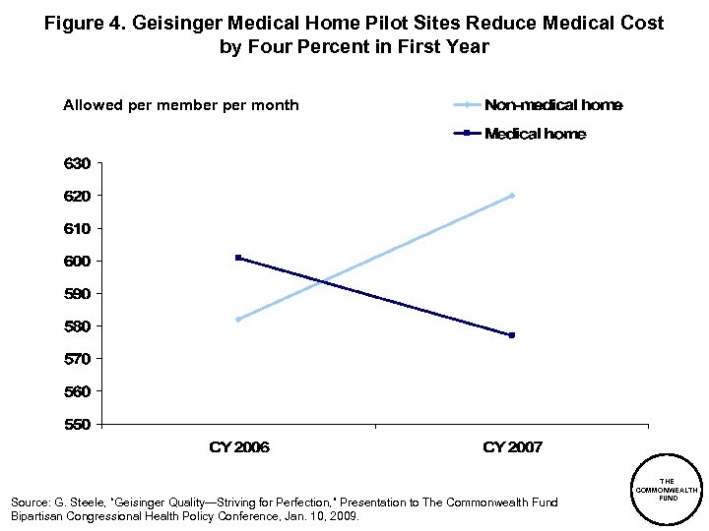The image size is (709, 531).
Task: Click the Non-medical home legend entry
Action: click(552, 105)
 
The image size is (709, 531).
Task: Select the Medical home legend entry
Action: click(535, 134)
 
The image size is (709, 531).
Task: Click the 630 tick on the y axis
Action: click(78, 163)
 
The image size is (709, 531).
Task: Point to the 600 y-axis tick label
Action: click(78, 262)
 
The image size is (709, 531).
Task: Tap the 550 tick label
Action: click(78, 425)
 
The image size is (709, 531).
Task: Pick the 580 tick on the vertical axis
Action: click(78, 326)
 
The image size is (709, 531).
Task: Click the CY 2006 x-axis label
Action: click(239, 447)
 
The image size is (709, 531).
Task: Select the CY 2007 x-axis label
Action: click(512, 447)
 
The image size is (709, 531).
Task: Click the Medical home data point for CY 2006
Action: click(238, 258)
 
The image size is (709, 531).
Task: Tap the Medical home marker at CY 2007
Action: click(512, 335)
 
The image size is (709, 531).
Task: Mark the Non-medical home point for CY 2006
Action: click(238, 320)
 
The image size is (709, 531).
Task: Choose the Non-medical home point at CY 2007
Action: click(512, 196)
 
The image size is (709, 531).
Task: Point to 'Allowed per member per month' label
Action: click(181, 105)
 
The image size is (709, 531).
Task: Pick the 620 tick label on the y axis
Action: click(78, 196)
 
